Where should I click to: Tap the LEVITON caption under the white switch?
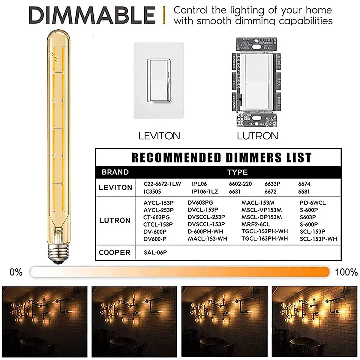(x=159, y=136)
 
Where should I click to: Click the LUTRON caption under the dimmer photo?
(x=257, y=136)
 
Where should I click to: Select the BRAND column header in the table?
(x=115, y=172)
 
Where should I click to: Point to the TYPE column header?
(x=237, y=172)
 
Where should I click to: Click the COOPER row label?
(x=115, y=253)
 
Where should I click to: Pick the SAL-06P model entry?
(x=155, y=253)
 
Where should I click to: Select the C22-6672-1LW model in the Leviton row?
(x=162, y=184)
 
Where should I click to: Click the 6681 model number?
(x=304, y=191)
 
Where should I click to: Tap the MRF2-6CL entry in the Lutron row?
(x=256, y=224)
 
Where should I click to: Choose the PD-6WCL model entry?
(x=313, y=203)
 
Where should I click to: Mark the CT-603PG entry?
(x=156, y=217)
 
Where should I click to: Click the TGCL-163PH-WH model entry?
(x=265, y=238)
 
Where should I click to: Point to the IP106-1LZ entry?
(x=204, y=191)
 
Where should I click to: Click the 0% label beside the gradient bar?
(x=16, y=272)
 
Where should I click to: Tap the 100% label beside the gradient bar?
(x=346, y=272)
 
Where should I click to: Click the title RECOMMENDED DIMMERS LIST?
(x=222, y=157)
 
